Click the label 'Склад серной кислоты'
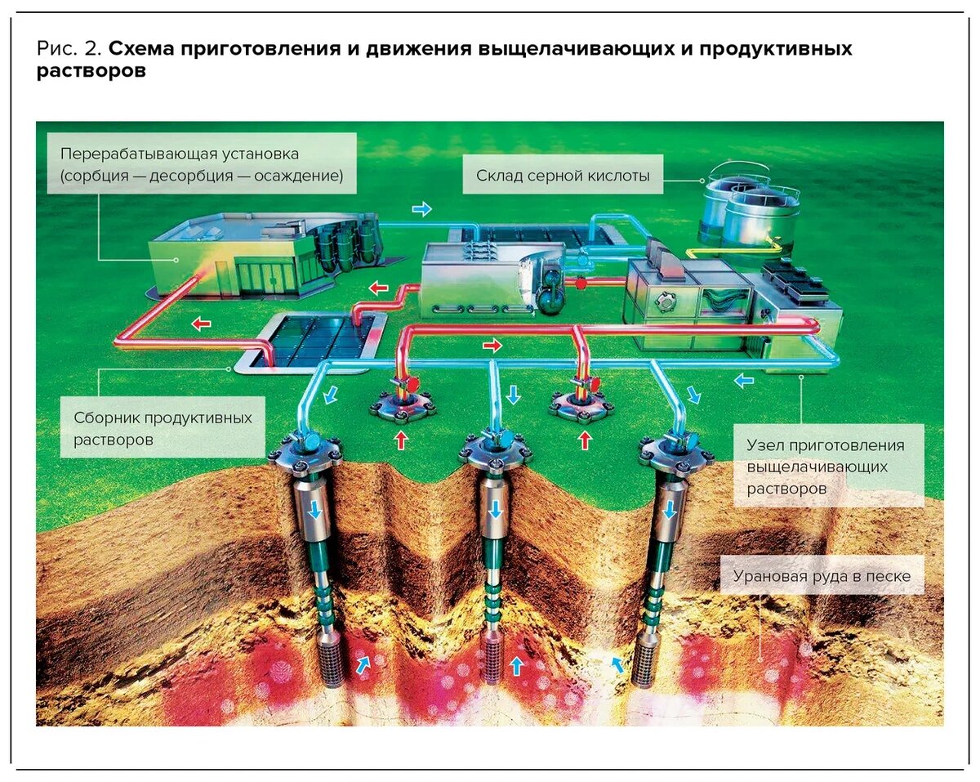tap(563, 176)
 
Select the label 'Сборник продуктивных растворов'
tap(163, 428)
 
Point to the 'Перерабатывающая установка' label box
tap(201, 163)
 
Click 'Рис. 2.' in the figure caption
tap(69, 49)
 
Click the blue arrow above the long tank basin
tap(421, 210)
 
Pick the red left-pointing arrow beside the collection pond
tap(200, 324)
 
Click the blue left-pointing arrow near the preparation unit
tap(743, 379)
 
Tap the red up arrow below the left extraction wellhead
tap(401, 441)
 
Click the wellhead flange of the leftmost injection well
tap(310, 453)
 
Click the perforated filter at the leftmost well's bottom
tap(331, 664)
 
